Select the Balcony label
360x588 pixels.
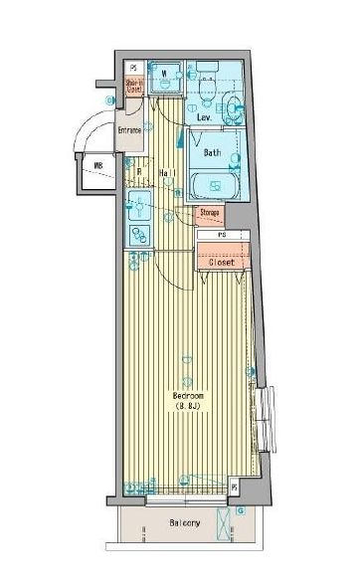click(x=184, y=523)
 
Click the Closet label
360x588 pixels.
click(x=222, y=263)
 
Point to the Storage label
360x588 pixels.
click(x=209, y=213)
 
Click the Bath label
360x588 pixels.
click(x=212, y=153)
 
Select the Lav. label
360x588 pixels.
click(x=204, y=118)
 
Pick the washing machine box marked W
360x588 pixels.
click(x=164, y=77)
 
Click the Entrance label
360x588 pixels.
click(x=129, y=130)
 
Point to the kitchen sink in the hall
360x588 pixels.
click(x=138, y=210)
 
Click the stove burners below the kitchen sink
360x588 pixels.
click(x=137, y=236)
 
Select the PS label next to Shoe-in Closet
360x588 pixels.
click(x=133, y=67)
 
